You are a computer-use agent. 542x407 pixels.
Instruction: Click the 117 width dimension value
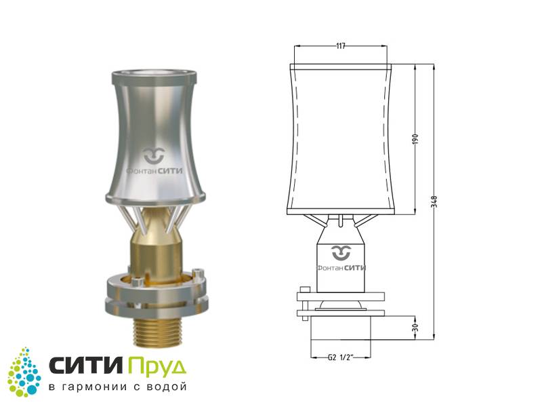341,46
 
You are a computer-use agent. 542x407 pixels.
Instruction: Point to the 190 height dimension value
415,139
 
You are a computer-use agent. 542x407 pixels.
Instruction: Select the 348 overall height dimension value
434,201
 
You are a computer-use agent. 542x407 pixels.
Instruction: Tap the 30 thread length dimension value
415,327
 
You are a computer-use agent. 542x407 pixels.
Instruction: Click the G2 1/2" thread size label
340,357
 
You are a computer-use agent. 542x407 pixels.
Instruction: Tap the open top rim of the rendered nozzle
154,74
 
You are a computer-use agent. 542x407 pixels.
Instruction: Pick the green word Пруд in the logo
157,367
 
